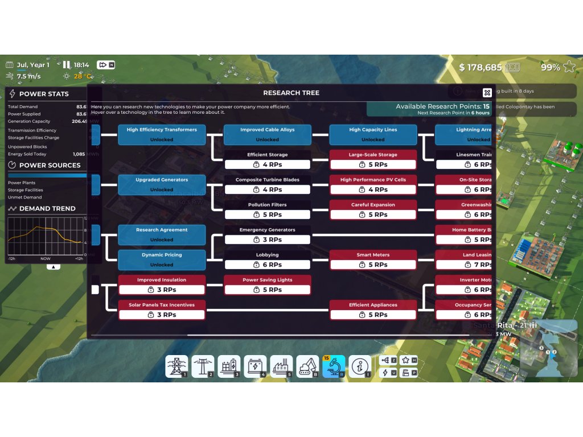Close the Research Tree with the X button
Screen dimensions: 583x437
(487, 93)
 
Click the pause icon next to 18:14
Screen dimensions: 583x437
(66, 65)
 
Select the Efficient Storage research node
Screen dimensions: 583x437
(268, 160)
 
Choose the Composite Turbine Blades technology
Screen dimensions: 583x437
(268, 185)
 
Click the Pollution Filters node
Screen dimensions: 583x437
(268, 210)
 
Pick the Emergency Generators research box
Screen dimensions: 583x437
(268, 235)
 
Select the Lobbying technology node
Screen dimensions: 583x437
(268, 260)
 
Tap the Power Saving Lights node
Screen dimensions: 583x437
(268, 285)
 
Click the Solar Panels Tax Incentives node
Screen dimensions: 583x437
(162, 310)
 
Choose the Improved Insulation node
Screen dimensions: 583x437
(162, 285)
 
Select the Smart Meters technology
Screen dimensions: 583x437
(373, 260)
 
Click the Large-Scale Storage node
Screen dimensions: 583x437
(373, 160)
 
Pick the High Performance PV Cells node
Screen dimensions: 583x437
(373, 185)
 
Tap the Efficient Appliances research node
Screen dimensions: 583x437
(373, 310)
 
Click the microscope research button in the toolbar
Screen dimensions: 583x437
(334, 367)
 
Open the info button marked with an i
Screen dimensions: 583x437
(360, 367)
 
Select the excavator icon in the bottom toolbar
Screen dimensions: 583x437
(307, 367)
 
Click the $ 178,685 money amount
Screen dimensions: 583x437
(481, 68)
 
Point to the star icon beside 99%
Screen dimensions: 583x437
(569, 67)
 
